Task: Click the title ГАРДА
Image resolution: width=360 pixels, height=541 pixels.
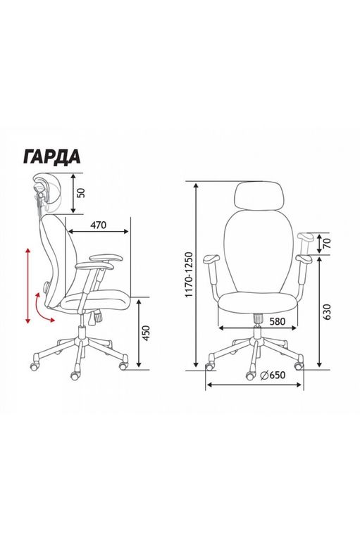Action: click(52, 156)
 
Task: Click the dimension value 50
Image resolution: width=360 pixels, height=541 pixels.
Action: click(81, 193)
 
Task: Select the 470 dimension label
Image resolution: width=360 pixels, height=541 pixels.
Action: click(99, 225)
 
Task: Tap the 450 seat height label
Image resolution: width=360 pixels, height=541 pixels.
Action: click(147, 333)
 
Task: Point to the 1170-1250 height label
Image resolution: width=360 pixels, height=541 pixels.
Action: click(189, 275)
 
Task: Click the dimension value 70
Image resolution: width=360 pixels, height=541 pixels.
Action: click(328, 243)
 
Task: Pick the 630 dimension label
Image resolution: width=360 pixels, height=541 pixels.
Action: click(327, 311)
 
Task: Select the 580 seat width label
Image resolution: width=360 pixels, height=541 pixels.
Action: click(277, 321)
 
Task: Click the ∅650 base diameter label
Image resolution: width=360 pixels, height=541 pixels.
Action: click(273, 375)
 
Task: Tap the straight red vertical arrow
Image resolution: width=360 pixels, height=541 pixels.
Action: click(28, 285)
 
